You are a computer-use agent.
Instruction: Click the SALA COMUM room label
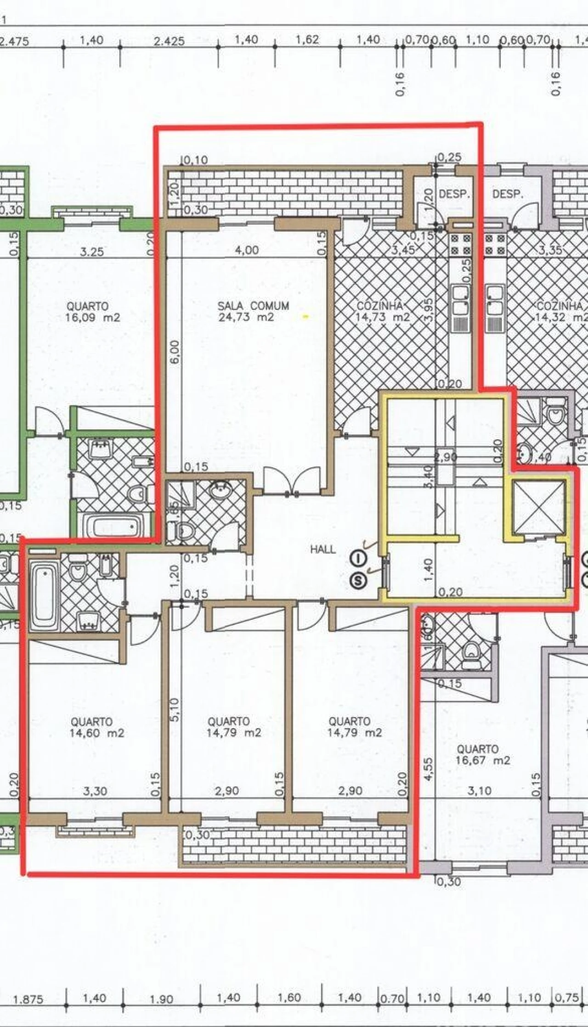[x=253, y=306]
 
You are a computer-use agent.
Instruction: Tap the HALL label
[x=323, y=549]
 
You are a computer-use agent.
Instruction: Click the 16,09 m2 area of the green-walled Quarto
[x=93, y=317]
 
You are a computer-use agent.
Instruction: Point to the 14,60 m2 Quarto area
[x=97, y=733]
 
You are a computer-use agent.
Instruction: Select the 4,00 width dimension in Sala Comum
[x=247, y=251]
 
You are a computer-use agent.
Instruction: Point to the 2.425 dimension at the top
[x=169, y=42]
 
